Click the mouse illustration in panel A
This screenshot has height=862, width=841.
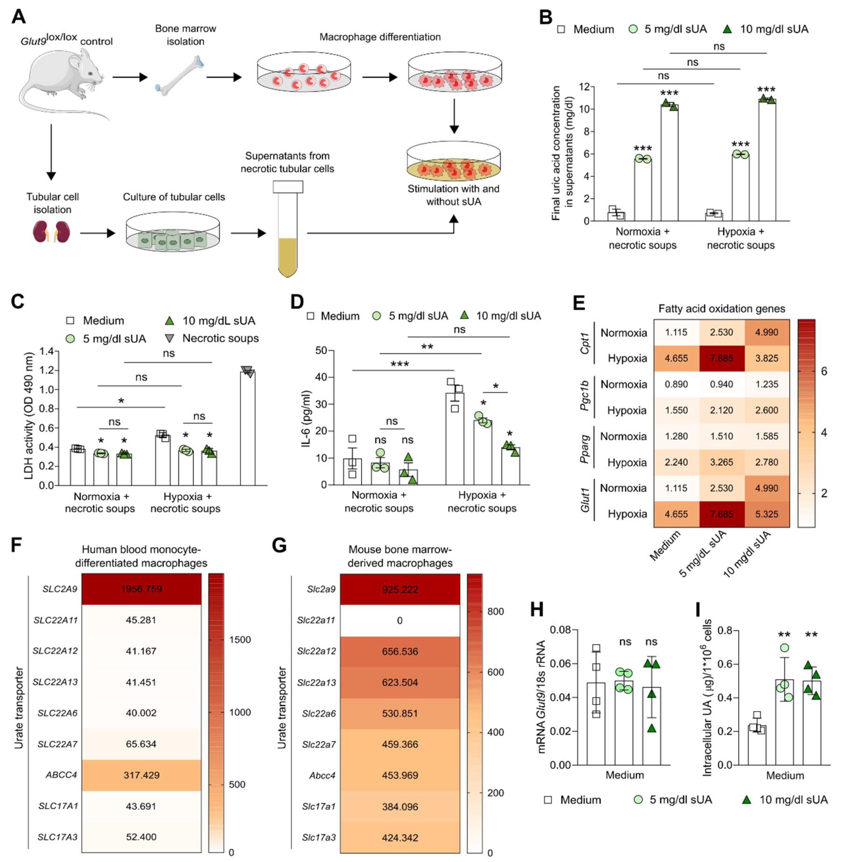[62, 82]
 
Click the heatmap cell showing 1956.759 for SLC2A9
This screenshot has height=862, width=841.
[141, 589]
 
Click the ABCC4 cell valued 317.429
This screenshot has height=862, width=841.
[141, 775]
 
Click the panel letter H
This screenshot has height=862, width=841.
[537, 610]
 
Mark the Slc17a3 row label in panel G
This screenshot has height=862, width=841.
[319, 837]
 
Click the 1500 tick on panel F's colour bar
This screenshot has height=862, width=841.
[240, 640]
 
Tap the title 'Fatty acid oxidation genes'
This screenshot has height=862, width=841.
[722, 309]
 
